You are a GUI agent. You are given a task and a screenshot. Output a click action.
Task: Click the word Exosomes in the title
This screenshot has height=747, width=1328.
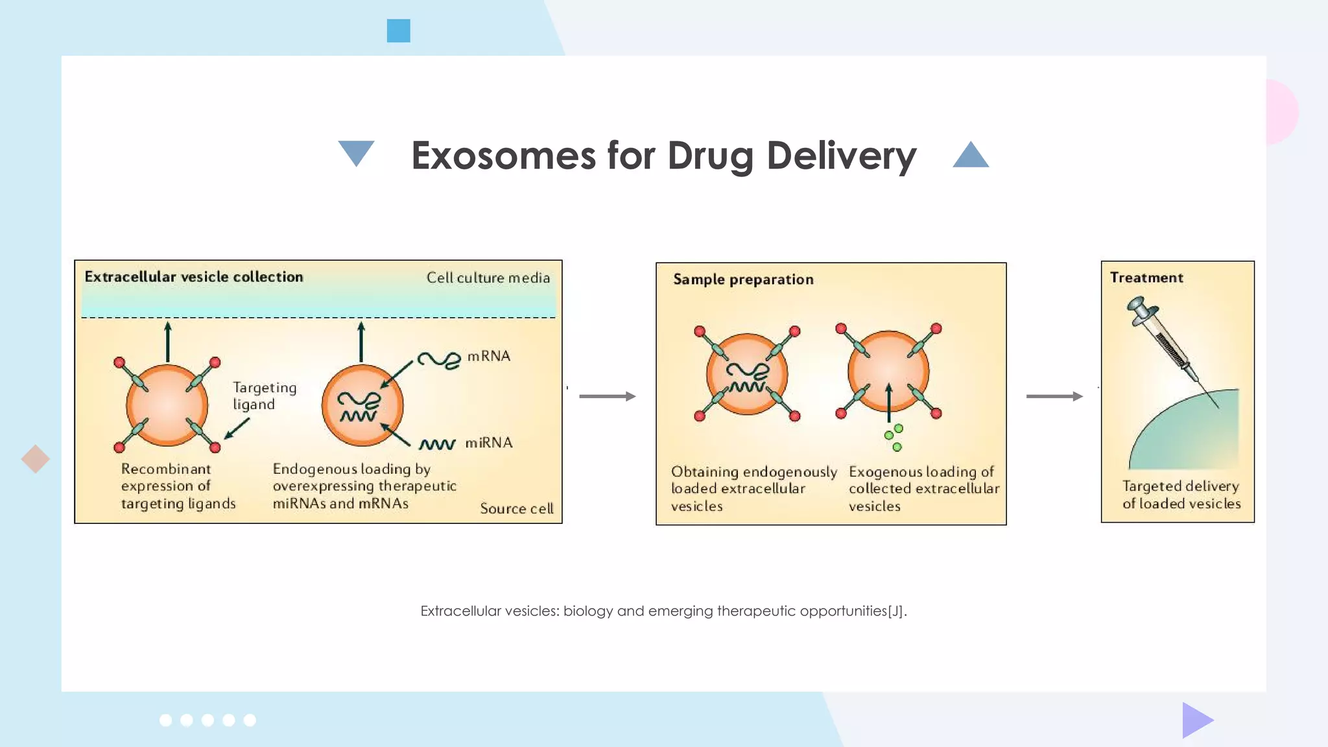pyautogui.click(x=503, y=156)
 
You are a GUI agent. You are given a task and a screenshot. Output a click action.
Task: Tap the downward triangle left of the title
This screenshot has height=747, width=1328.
pyautogui.click(x=356, y=152)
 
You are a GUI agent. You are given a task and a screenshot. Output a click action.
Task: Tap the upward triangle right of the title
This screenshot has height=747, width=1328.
pyautogui.click(x=971, y=156)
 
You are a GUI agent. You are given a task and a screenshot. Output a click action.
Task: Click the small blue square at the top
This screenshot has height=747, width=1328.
pyautogui.click(x=398, y=30)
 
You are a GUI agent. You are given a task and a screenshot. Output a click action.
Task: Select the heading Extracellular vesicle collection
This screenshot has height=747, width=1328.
pyautogui.click(x=194, y=277)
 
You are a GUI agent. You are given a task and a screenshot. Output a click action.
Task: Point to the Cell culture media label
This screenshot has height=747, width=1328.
pyautogui.click(x=488, y=278)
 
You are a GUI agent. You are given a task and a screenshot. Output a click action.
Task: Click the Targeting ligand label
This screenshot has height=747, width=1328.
pyautogui.click(x=264, y=396)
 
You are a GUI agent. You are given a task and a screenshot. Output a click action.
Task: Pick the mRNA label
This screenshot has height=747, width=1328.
pyautogui.click(x=489, y=356)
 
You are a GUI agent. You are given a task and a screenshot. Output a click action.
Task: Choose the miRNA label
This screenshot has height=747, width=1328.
pyautogui.click(x=489, y=443)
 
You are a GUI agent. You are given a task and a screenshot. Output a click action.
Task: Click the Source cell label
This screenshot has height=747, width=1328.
pyautogui.click(x=516, y=508)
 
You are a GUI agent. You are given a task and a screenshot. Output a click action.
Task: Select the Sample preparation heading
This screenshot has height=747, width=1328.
pyautogui.click(x=743, y=279)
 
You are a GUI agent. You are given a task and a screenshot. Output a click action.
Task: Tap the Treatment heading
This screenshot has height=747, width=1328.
pyautogui.click(x=1146, y=278)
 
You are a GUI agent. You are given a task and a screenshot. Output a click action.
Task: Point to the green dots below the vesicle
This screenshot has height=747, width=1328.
pyautogui.click(x=894, y=437)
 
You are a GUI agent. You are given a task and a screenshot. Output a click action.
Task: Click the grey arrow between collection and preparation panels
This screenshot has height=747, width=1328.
pyautogui.click(x=607, y=396)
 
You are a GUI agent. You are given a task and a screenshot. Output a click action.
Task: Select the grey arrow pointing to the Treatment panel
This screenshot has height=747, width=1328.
pyautogui.click(x=1054, y=396)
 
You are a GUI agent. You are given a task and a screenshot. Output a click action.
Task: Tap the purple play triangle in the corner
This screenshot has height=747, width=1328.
pyautogui.click(x=1196, y=720)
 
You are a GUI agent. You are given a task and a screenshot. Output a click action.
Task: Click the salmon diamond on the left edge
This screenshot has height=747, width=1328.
pyautogui.click(x=35, y=459)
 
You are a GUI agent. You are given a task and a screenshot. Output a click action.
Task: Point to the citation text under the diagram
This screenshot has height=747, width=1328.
pyautogui.click(x=663, y=611)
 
